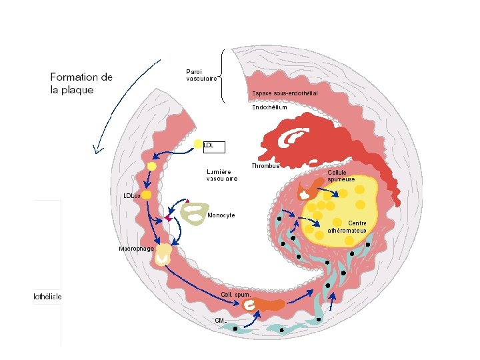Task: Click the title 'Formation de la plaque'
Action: [81, 83]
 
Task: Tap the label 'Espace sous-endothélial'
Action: [285, 93]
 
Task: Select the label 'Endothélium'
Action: [269, 107]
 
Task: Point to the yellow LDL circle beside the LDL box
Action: [198, 144]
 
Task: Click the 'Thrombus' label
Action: [265, 165]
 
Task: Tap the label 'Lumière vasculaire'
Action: [222, 175]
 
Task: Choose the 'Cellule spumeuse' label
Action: [341, 175]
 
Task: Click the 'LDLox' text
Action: [131, 195]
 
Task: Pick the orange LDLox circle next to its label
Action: [146, 195]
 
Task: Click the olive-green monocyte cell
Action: [195, 213]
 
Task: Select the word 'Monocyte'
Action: [221, 216]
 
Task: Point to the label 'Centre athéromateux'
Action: [347, 227]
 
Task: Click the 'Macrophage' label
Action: [136, 249]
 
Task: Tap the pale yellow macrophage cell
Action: [162, 255]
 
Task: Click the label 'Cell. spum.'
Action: [235, 294]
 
